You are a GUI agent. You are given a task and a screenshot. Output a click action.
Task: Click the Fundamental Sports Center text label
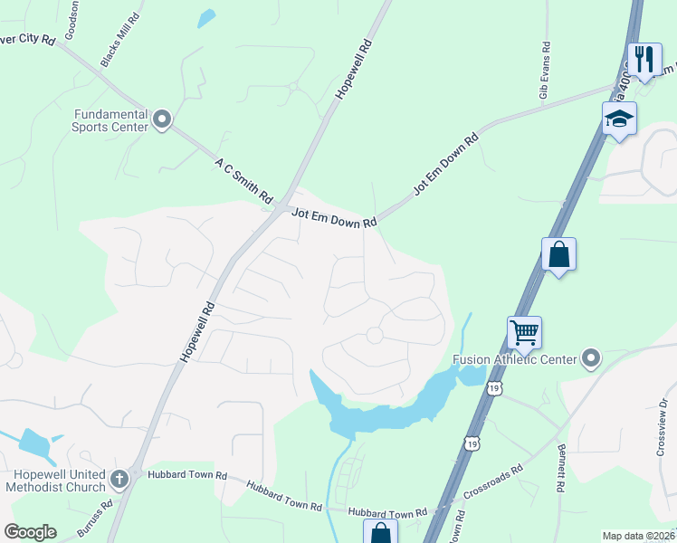[111, 120]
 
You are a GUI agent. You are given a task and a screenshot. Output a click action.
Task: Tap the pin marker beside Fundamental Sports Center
[163, 119]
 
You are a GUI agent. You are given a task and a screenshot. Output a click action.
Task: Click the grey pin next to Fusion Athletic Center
[592, 359]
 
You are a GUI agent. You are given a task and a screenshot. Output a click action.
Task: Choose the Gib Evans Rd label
[545, 71]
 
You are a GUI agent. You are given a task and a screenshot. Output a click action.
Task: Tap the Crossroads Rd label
[493, 482]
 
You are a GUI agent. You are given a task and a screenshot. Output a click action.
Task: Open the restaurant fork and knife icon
[644, 60]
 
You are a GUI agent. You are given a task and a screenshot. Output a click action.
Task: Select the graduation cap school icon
[620, 119]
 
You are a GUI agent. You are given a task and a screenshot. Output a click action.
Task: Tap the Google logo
[30, 532]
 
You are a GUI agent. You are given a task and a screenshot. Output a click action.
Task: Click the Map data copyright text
[638, 536]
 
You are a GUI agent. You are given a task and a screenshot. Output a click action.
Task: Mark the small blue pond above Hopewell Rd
[207, 17]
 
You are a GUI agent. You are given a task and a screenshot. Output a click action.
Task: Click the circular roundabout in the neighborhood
[374, 337]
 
